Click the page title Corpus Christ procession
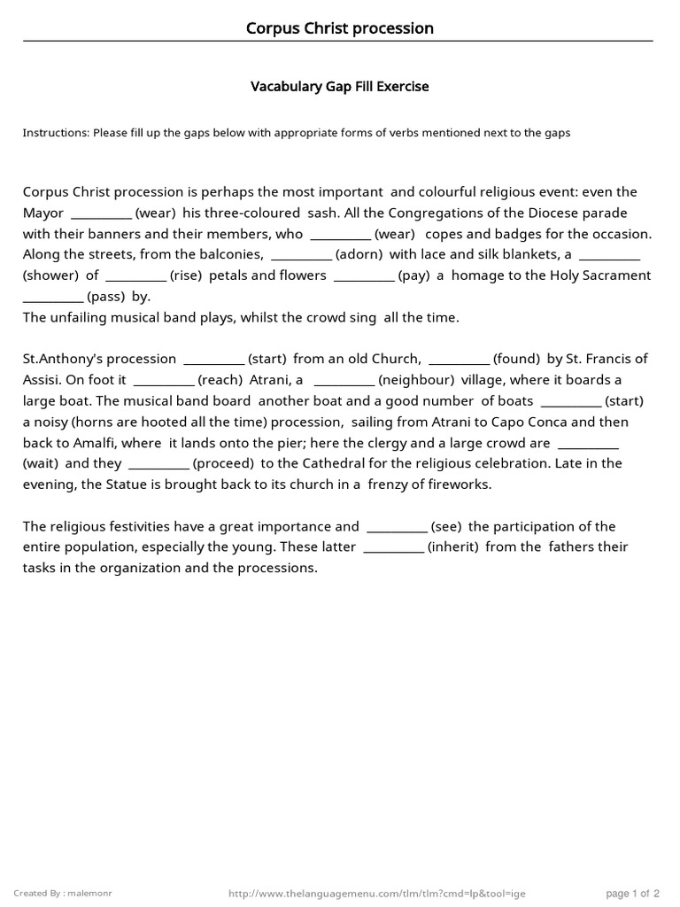point(340,28)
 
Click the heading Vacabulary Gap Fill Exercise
point(340,87)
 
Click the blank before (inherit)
point(393,548)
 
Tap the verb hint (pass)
point(107,297)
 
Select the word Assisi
point(42,380)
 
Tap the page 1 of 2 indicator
point(633,893)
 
